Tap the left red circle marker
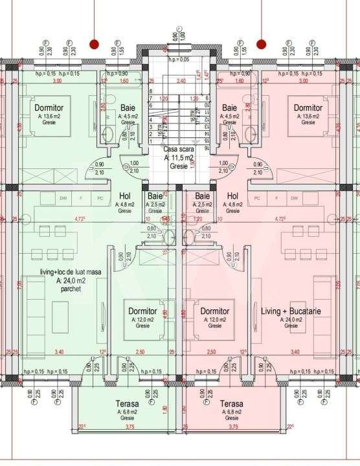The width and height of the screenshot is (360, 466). (95, 44)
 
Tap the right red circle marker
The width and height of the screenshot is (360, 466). (261, 44)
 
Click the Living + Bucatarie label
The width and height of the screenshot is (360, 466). (291, 311)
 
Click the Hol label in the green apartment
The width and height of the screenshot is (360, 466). (125, 195)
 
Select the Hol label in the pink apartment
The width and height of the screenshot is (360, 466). (233, 195)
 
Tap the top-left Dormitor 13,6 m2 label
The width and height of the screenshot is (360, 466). (49, 107)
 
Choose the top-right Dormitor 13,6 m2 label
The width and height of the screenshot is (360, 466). (308, 107)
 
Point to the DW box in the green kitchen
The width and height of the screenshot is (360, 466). (63, 198)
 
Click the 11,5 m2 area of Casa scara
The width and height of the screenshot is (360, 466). (179, 157)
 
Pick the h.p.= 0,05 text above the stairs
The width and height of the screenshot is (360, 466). (179, 60)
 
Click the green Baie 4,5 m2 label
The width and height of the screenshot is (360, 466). (128, 107)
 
